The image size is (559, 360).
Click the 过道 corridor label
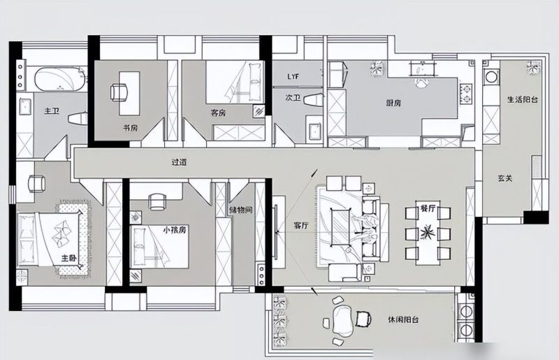click(179, 162)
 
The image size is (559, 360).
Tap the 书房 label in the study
click(130, 128)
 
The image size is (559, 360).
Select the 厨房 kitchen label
click(393, 103)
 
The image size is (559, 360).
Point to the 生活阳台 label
click(522, 100)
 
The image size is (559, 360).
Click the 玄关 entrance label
click(505, 178)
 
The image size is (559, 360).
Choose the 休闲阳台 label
click(403, 319)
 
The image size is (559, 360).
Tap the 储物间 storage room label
click(241, 210)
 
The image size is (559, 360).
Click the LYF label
click(293, 76)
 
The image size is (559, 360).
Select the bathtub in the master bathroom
click(60, 79)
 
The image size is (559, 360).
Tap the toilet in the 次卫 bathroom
click(314, 99)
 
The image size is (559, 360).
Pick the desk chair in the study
click(119, 92)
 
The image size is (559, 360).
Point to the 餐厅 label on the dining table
click(428, 209)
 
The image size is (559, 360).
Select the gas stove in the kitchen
click(466, 94)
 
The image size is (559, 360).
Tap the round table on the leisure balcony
click(343, 320)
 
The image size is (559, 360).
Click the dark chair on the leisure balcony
click(363, 319)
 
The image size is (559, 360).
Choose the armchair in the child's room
click(157, 201)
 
